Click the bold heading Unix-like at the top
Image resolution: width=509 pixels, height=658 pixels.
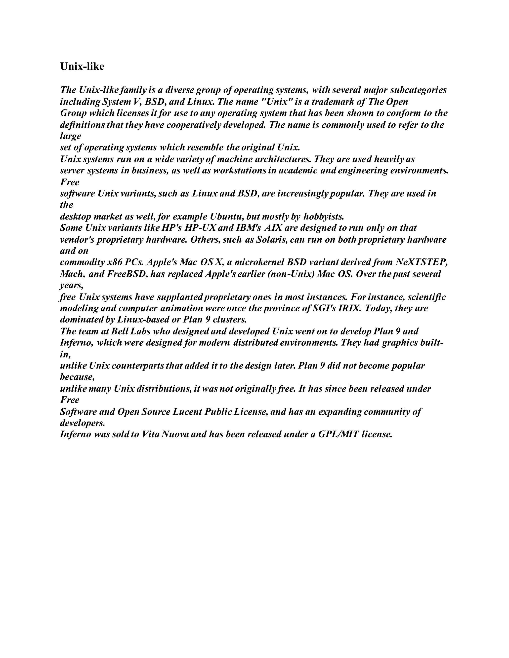[x=82, y=66]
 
